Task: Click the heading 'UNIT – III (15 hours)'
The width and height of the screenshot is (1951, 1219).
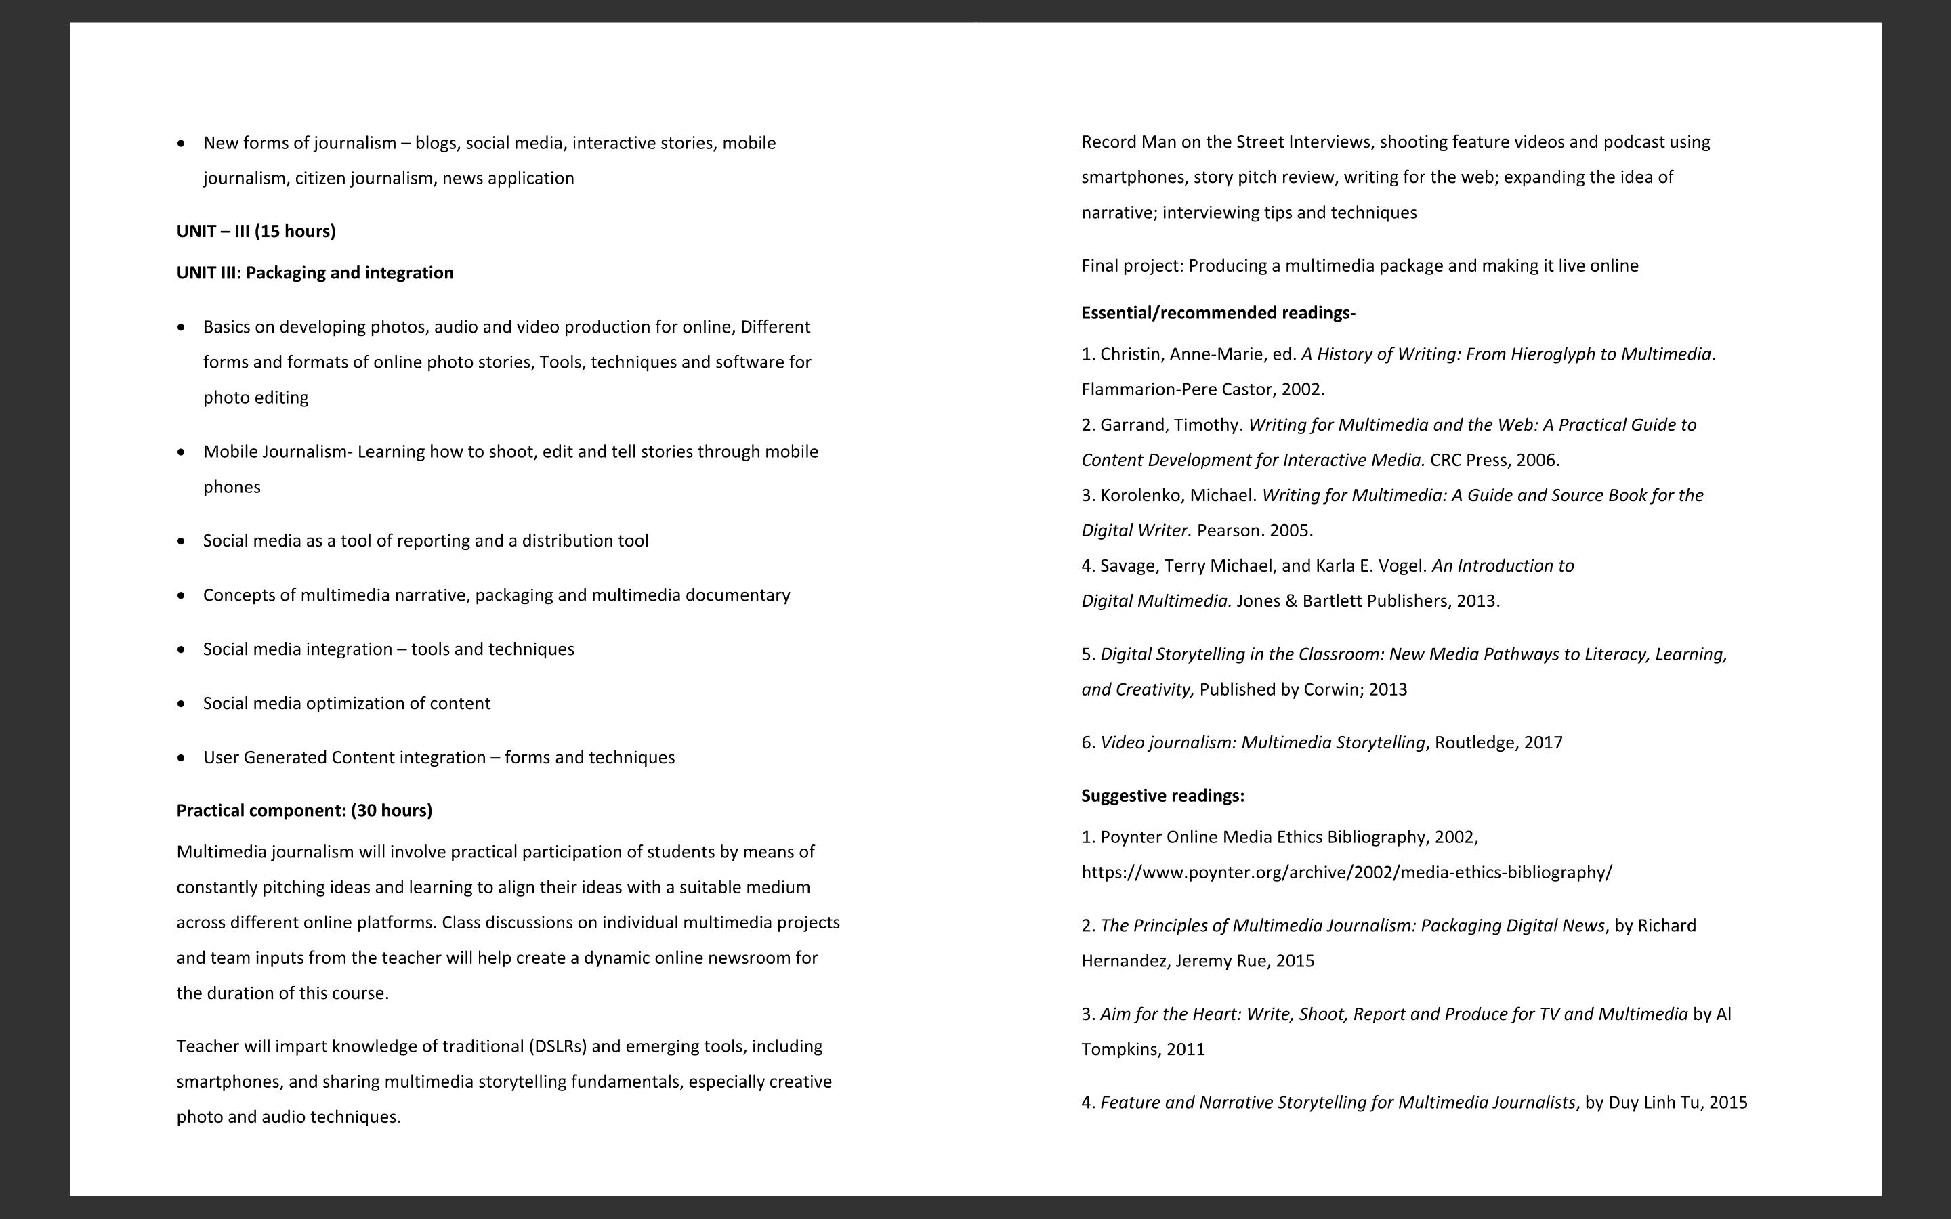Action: click(x=255, y=232)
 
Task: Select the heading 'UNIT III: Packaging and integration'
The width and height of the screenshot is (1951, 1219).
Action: click(x=314, y=272)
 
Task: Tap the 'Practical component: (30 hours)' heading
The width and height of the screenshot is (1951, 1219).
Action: click(x=304, y=810)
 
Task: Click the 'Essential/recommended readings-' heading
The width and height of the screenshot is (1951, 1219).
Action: click(x=1218, y=313)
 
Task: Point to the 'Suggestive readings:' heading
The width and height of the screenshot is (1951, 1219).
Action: click(x=1162, y=796)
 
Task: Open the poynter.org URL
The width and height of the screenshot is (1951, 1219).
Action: click(x=1346, y=872)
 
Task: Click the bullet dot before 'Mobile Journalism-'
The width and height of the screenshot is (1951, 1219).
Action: click(x=182, y=452)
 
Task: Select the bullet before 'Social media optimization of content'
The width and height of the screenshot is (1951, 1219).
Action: click(x=182, y=703)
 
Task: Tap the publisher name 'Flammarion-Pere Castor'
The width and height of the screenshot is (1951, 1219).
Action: click(x=1177, y=389)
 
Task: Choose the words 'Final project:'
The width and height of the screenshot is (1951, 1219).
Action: click(x=1132, y=266)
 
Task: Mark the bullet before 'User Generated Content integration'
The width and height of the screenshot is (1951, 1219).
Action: click(x=182, y=758)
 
